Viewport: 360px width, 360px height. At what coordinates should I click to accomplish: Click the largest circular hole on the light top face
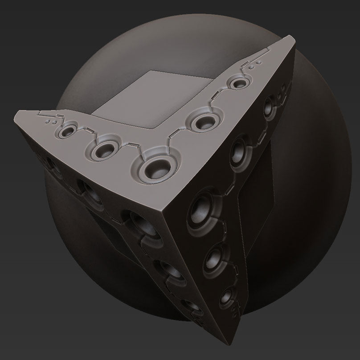coord(159,168)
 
